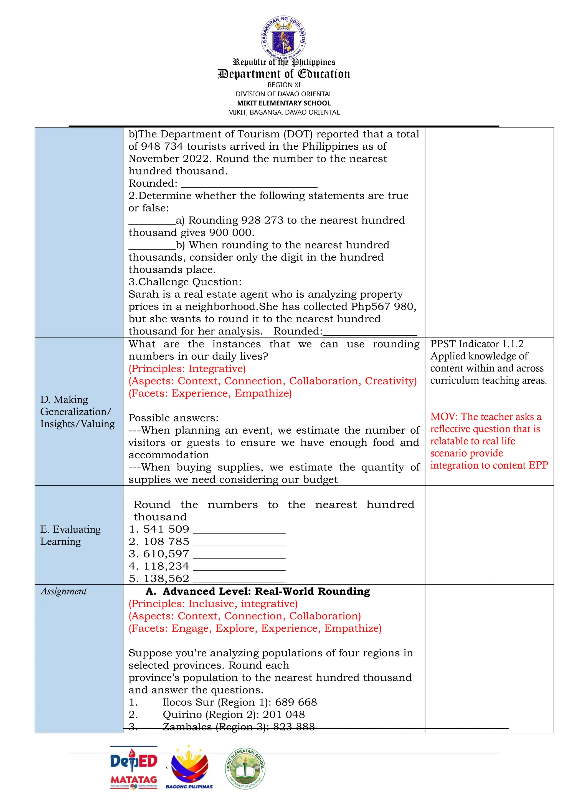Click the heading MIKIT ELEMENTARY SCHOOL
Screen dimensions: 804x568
284,103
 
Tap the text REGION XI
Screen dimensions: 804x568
284,85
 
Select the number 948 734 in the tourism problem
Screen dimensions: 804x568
162,146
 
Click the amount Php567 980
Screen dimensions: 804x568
383,307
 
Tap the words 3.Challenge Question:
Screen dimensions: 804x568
185,282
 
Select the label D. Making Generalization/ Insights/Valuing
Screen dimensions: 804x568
77,411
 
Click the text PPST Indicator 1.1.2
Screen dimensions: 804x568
477,344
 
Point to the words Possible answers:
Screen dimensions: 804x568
173,418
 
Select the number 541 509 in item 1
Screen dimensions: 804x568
166,529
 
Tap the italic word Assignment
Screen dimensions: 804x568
63,591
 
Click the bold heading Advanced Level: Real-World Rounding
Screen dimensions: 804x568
266,591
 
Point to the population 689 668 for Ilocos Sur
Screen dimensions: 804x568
296,702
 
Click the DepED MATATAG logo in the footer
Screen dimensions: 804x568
134,767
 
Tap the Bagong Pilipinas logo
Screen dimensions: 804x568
189,767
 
